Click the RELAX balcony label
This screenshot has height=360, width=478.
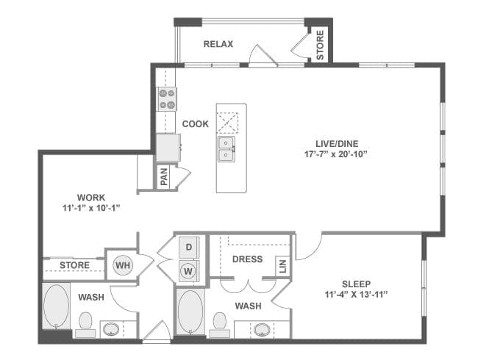click(x=218, y=44)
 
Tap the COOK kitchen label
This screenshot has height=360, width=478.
click(x=196, y=124)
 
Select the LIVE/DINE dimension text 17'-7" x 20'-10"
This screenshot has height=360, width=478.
click(x=335, y=154)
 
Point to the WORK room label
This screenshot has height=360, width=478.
click(x=91, y=198)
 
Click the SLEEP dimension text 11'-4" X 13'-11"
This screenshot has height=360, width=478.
click(x=356, y=295)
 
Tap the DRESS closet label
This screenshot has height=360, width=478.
click(x=247, y=259)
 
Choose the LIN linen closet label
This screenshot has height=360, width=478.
click(x=283, y=266)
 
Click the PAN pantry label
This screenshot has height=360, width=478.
click(x=164, y=176)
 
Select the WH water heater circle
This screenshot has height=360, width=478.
click(x=123, y=265)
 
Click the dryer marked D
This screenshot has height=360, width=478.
click(x=189, y=247)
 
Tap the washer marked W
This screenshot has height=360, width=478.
click(x=189, y=271)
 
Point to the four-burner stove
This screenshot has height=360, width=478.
click(x=167, y=99)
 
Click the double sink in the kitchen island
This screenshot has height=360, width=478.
click(x=226, y=149)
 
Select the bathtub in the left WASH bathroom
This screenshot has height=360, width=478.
click(x=56, y=306)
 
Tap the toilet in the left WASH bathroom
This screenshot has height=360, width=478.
click(x=85, y=324)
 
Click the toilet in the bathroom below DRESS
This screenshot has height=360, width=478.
click(x=219, y=325)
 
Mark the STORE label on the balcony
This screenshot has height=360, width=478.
click(x=320, y=45)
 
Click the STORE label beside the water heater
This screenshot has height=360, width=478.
click(x=75, y=265)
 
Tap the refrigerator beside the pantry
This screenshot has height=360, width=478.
click(x=168, y=148)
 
